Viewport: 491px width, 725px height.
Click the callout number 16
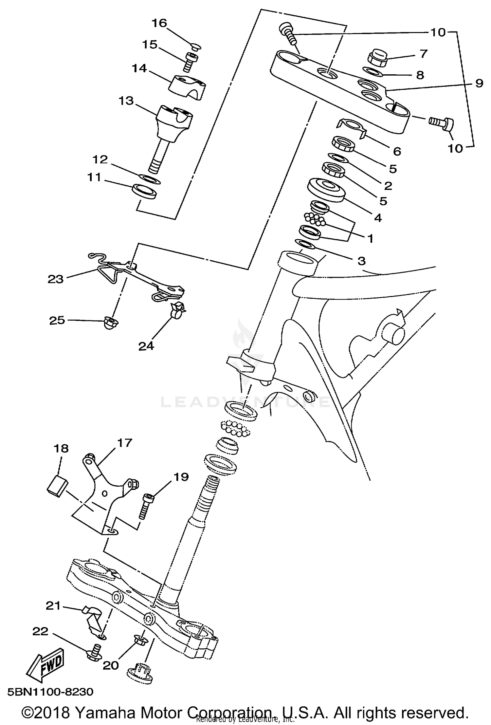point(159,24)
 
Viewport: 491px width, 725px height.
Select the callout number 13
point(126,101)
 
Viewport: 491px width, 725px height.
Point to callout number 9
point(479,83)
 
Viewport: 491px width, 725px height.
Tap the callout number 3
point(361,261)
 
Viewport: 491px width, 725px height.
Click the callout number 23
point(55,279)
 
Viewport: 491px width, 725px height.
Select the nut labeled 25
point(110,322)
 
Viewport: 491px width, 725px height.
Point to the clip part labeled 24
point(177,310)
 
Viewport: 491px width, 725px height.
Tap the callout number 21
point(53,606)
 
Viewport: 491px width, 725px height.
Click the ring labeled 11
point(145,191)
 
